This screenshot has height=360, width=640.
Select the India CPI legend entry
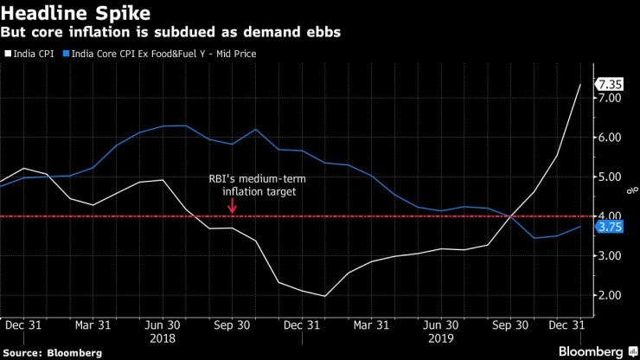tap(31, 54)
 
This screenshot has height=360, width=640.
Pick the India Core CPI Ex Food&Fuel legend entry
tap(164, 54)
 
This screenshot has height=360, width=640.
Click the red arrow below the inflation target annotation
tap(233, 205)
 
